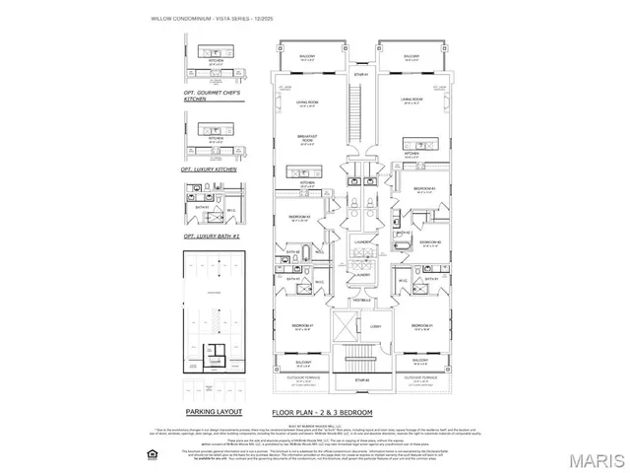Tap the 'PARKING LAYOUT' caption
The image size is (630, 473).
tap(214, 411)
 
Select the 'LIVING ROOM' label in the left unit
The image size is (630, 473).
tap(306, 102)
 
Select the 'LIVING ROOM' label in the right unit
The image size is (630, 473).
tap(411, 100)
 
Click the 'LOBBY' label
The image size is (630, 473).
tap(375, 327)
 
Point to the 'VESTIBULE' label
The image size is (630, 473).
tap(360, 300)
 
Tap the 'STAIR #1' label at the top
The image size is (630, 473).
tap(360, 74)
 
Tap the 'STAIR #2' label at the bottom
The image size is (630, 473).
tap(360, 379)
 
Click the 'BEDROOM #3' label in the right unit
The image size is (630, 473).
tap(424, 187)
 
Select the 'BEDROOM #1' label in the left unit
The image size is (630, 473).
tap(301, 325)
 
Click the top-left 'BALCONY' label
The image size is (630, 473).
tap(307, 57)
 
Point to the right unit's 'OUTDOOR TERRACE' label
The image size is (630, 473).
tap(421, 375)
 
